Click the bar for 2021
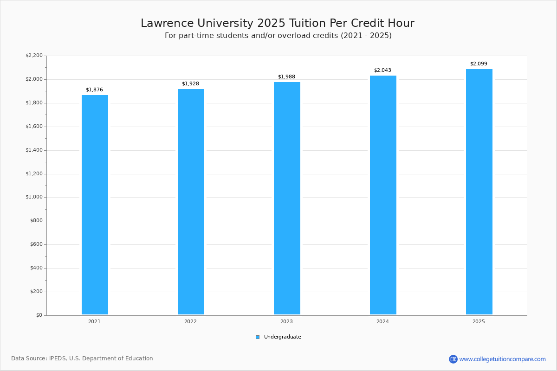[95, 205]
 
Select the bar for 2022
[191, 202]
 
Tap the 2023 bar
[287, 198]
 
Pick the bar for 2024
[383, 195]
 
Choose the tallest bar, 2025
[479, 192]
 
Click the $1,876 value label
[94, 90]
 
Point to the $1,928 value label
[190, 84]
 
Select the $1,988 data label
[286, 77]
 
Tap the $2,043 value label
[382, 70]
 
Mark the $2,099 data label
[479, 64]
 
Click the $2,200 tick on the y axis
[34, 56]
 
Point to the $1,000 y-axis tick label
[34, 197]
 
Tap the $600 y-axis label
[36, 244]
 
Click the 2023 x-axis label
[286, 322]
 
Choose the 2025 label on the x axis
[479, 322]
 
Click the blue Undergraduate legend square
[258, 337]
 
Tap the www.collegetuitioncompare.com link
[502, 359]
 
